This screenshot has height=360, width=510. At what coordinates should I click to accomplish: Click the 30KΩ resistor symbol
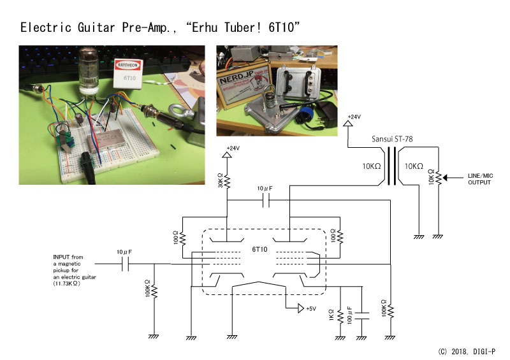[227, 182]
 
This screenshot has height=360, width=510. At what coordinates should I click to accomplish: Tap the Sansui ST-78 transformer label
[392, 139]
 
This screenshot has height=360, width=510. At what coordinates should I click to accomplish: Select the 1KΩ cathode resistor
[340, 316]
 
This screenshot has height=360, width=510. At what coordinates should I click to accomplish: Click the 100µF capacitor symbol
[361, 316]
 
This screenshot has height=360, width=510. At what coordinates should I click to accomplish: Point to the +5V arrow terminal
[301, 308]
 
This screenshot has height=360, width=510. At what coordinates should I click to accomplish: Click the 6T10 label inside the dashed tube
[259, 249]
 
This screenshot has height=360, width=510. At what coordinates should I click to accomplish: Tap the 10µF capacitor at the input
[125, 264]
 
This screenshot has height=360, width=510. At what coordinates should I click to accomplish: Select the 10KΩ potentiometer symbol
[439, 178]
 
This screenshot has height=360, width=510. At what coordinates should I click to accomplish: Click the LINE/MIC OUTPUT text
[480, 179]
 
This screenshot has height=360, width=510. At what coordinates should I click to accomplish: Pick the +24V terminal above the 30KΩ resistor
[227, 154]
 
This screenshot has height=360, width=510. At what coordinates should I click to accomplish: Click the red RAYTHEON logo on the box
[128, 65]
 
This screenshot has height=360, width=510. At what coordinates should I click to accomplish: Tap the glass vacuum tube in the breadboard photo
[89, 71]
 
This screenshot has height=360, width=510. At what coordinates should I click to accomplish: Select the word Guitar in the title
[96, 27]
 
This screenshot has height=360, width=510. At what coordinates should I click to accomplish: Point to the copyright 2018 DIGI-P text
[467, 352]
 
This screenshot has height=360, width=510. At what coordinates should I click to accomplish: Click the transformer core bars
[392, 166]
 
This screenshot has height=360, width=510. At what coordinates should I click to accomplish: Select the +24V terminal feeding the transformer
[348, 123]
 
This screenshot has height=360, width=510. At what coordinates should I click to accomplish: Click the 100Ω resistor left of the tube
[182, 238]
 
